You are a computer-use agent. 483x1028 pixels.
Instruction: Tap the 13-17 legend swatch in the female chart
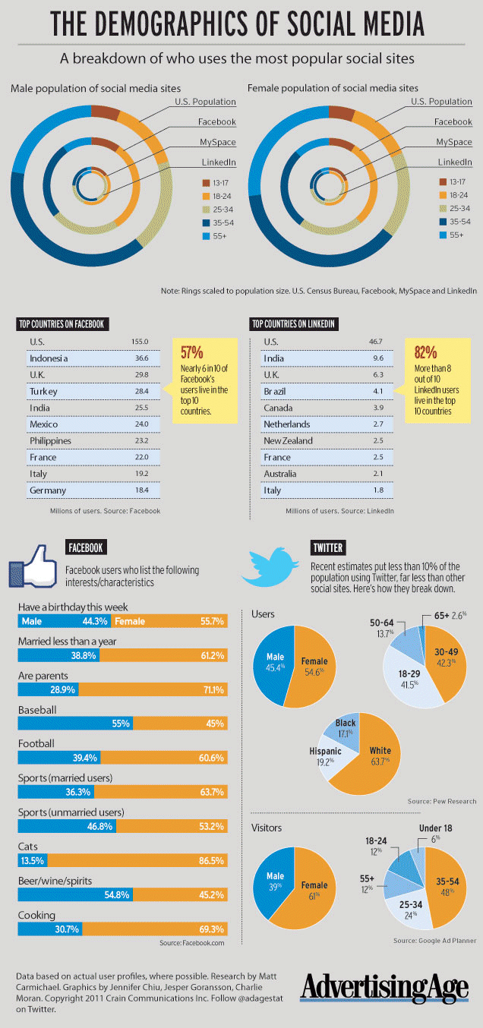(443, 182)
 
